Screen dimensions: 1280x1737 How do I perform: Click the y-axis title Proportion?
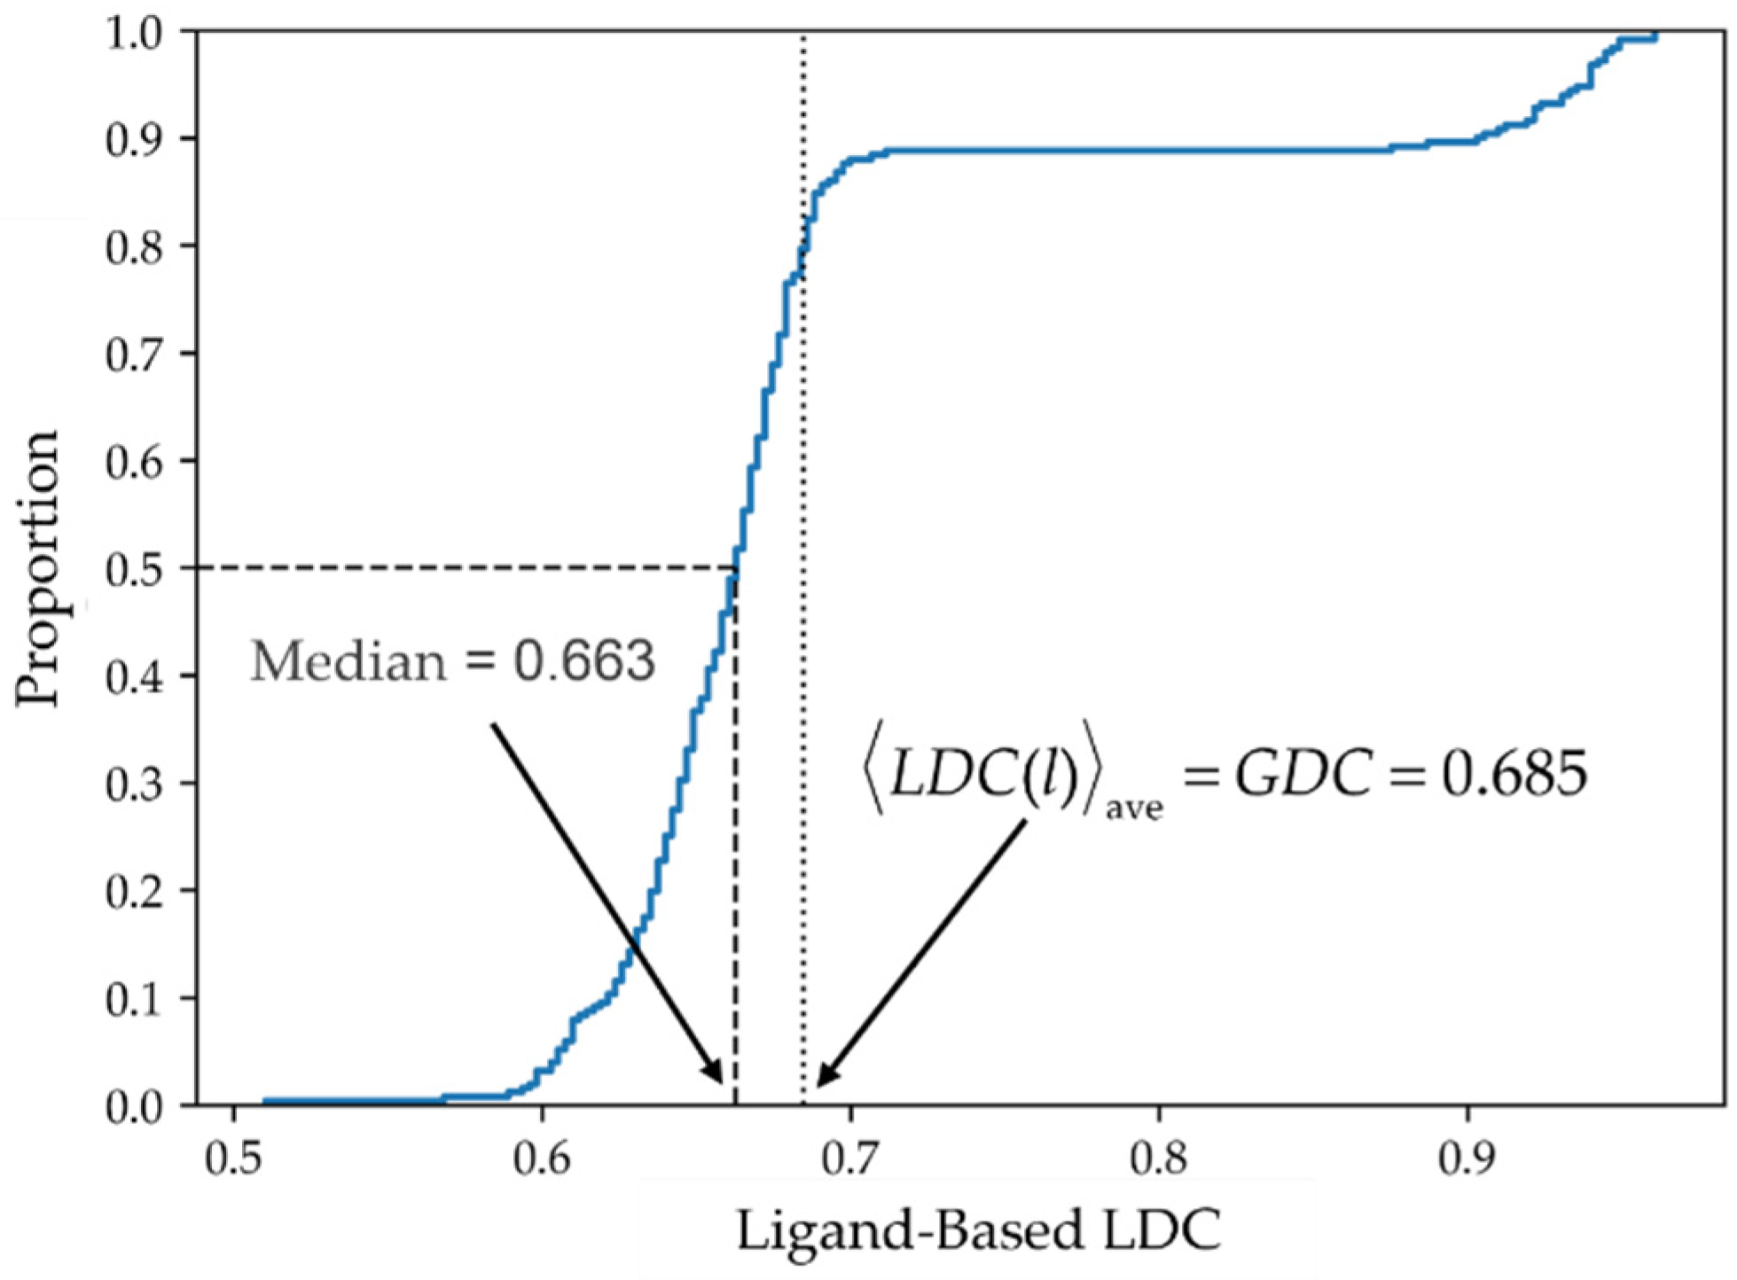pos(37,567)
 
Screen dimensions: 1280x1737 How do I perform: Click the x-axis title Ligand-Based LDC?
pos(978,1230)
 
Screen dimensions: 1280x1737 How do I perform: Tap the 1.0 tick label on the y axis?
pos(134,34)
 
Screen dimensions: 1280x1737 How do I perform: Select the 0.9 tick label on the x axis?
pos(1467,1159)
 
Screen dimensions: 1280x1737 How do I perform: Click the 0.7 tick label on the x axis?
pos(850,1159)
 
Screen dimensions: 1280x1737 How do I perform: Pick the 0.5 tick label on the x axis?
pos(233,1159)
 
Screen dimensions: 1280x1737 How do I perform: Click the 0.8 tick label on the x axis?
pos(1159,1159)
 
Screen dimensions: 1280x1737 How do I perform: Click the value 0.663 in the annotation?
pos(585,661)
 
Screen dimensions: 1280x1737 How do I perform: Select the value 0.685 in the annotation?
pos(1514,773)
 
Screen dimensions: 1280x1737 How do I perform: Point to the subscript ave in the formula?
pos(1133,808)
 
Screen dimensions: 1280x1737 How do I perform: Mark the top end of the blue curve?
pos(1655,35)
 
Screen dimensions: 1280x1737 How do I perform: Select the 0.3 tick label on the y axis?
pos(134,784)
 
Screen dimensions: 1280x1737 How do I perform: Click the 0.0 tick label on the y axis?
pos(134,1106)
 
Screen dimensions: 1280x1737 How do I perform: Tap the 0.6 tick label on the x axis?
pos(542,1159)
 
